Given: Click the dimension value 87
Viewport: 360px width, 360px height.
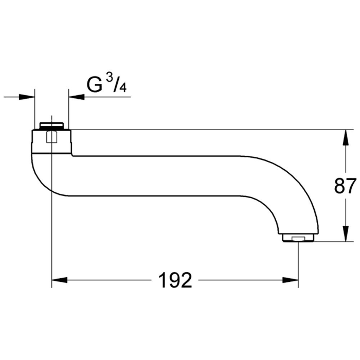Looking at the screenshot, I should pos(345,186).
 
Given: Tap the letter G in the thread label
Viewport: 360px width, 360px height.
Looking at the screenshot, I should pos(94,85).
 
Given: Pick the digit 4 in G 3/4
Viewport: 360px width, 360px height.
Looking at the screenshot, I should pos(123,88).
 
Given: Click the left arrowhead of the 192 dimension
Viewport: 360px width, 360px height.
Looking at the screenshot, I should pos(59,280).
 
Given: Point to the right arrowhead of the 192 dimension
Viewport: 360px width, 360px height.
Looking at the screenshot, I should pos(291,280).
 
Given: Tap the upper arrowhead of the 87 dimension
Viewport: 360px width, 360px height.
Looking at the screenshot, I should pos(345,137).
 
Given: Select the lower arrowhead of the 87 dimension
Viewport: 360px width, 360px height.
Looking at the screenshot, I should pos(345,233).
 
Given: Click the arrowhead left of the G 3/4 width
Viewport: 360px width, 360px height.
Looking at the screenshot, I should pos(27,96).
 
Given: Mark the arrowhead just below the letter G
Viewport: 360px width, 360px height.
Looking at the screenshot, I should pos(76,96).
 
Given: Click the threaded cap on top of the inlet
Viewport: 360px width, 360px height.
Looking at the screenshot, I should pos(52,125).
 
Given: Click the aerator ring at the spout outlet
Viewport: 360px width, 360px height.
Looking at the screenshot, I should pos(298,237).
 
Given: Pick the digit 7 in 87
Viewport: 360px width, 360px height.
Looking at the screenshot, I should pos(351,186).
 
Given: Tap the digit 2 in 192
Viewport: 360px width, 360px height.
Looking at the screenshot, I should pos(186,280).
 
